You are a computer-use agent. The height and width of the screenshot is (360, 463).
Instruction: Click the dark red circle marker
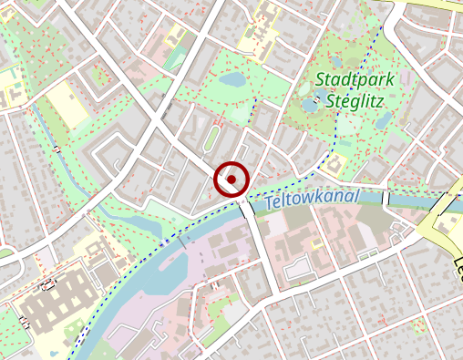(231, 180)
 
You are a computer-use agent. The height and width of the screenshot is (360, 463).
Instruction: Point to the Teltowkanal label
(312, 200)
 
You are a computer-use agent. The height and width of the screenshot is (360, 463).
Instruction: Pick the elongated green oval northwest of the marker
(211, 139)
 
